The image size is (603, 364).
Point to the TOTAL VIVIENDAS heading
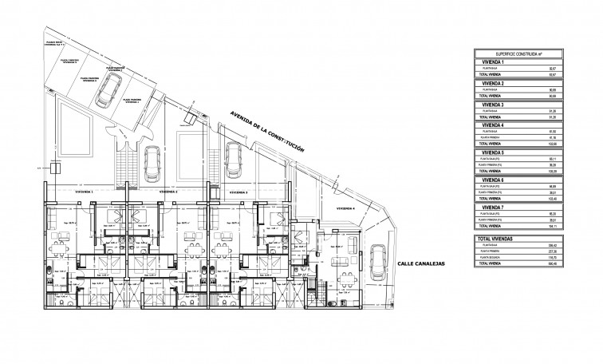point(495,239)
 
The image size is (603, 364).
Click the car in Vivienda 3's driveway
point(233,160)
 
